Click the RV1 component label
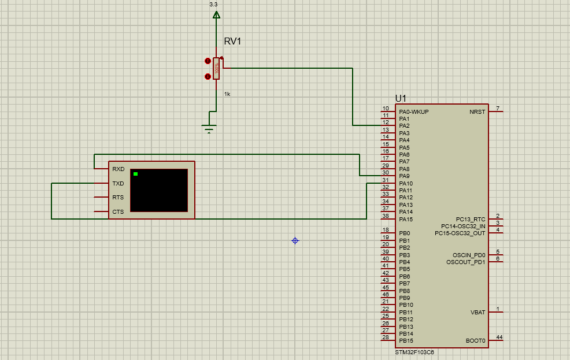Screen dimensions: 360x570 pos(232,42)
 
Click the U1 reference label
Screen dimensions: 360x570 pos(401,98)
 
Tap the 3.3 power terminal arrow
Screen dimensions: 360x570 pos(216,14)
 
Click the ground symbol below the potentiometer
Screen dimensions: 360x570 pos(209,128)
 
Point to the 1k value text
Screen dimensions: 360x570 pos(227,94)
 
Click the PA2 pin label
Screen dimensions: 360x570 pos(404,126)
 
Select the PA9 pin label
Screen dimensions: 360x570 pos(404,176)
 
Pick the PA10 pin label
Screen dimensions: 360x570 pos(406,183)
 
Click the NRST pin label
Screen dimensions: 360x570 pos(478,112)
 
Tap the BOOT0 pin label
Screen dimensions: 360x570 pos(476,341)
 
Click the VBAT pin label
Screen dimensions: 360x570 pos(478,312)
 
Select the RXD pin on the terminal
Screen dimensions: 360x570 pos(118,169)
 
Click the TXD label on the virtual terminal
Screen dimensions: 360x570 pos(118,183)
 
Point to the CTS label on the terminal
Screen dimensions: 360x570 pos(118,212)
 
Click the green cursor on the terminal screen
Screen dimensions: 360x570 pos(135,174)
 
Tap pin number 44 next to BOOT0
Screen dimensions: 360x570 pos(499,337)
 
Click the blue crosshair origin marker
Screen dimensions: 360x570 pos(295,240)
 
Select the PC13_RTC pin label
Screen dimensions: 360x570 pos(471,220)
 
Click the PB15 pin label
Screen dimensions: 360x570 pos(406,341)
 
